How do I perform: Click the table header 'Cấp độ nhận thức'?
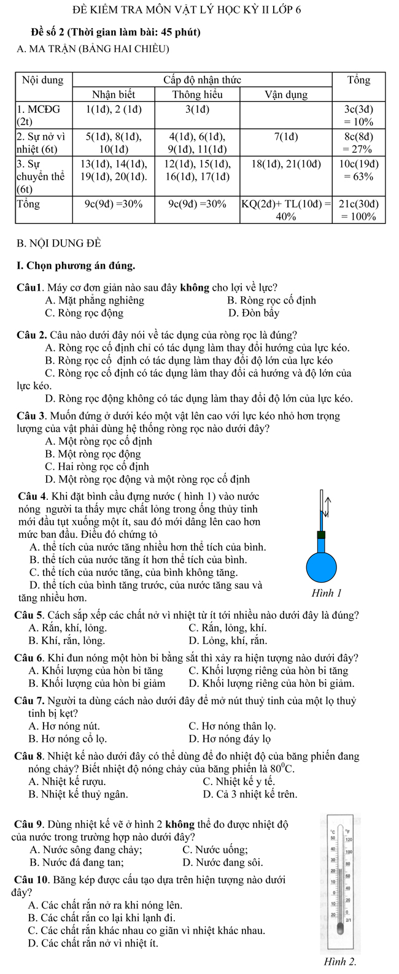(x=202, y=80)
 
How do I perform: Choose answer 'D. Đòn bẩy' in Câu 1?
(x=253, y=313)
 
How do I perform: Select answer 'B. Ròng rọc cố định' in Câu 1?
(x=271, y=300)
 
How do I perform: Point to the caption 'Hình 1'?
(x=326, y=593)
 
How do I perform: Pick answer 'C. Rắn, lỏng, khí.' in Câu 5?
(x=228, y=627)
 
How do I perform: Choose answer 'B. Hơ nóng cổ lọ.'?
(x=68, y=738)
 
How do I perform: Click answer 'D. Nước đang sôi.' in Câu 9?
(x=223, y=862)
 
